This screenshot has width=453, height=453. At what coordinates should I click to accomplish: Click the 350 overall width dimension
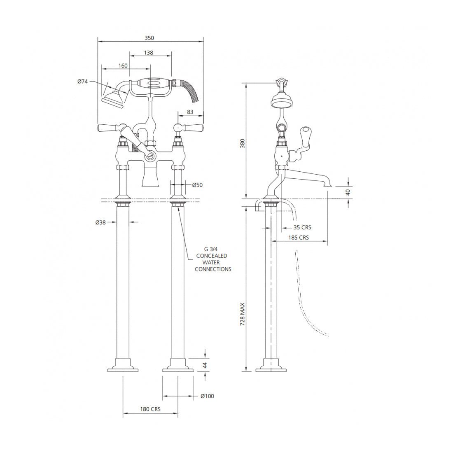[x=149, y=38]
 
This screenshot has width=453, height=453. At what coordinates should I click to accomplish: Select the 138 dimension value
[x=149, y=53]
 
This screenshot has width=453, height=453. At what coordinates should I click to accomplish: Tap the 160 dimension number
[x=123, y=65]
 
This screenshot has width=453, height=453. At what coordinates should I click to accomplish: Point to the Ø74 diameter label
[x=82, y=82]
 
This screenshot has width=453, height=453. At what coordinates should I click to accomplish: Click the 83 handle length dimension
[x=190, y=112]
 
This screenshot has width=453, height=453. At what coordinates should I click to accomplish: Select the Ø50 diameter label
[x=198, y=185]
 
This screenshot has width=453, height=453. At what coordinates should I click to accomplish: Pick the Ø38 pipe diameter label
[x=100, y=222]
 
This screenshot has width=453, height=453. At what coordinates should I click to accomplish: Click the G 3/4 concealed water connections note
[x=212, y=259]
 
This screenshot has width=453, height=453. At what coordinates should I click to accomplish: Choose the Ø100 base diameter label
[x=208, y=396]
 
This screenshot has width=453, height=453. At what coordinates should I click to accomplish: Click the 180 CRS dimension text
[x=150, y=409]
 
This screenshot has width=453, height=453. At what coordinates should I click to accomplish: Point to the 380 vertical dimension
[x=243, y=143]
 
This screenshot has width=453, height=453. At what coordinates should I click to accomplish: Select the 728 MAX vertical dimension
[x=243, y=315]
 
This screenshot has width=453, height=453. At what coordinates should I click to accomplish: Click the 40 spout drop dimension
[x=348, y=192]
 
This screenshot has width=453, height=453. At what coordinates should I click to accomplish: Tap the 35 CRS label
[x=302, y=227]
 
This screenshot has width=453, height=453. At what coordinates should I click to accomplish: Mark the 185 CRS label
[x=299, y=238]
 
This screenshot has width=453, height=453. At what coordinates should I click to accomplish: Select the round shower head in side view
[x=281, y=100]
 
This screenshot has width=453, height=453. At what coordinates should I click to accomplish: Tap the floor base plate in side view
[x=271, y=367]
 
